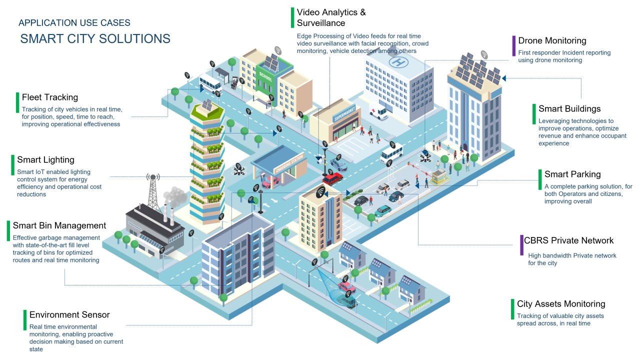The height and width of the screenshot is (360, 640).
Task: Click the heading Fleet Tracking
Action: [x=50, y=97]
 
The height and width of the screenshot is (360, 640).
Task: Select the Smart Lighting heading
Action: [x=45, y=159]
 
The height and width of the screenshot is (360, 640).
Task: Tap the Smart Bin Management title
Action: [x=59, y=225]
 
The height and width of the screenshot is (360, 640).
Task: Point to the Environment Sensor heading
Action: [x=69, y=314]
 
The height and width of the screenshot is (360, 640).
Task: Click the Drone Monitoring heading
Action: [x=552, y=40]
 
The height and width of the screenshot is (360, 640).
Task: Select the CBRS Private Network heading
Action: [x=568, y=240]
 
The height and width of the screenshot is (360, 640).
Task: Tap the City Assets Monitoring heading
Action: [x=561, y=303]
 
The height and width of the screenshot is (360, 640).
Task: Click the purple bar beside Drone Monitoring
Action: [x=513, y=45]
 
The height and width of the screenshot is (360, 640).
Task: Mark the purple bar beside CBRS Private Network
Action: [x=520, y=245]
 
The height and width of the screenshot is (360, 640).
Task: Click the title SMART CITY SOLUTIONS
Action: [x=95, y=38]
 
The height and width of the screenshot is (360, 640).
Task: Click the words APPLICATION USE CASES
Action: [x=74, y=22]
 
